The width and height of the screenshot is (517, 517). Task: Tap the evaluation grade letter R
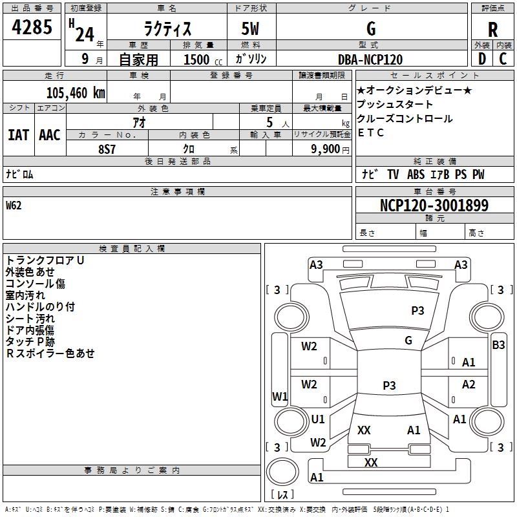(x=492, y=30)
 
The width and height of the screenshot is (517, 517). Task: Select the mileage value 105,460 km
(x=76, y=92)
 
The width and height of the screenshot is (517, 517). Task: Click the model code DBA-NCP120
(x=370, y=59)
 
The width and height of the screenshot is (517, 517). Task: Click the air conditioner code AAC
(x=49, y=135)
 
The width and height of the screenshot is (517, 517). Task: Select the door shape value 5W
(x=251, y=30)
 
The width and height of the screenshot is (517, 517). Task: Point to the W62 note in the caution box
(x=14, y=206)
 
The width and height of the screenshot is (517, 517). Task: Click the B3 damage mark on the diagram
(x=498, y=345)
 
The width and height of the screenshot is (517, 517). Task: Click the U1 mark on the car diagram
(x=317, y=419)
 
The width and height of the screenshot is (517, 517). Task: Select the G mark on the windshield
(x=408, y=340)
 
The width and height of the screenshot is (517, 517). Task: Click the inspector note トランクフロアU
(x=45, y=260)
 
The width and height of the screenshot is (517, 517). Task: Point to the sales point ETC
(x=371, y=133)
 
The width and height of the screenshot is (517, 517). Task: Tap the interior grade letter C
(x=503, y=59)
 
